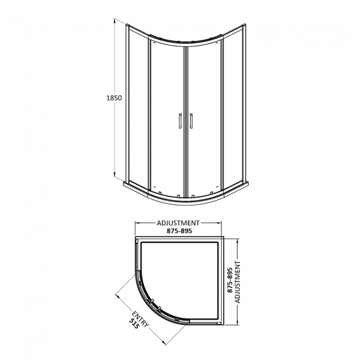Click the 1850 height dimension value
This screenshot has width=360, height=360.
114,97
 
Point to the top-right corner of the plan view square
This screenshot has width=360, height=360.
223,239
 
